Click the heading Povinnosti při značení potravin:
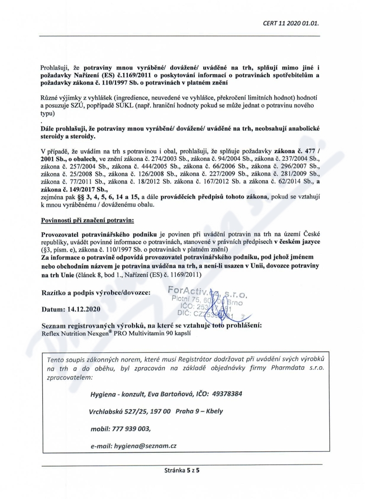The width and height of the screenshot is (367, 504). pos(87,221)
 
